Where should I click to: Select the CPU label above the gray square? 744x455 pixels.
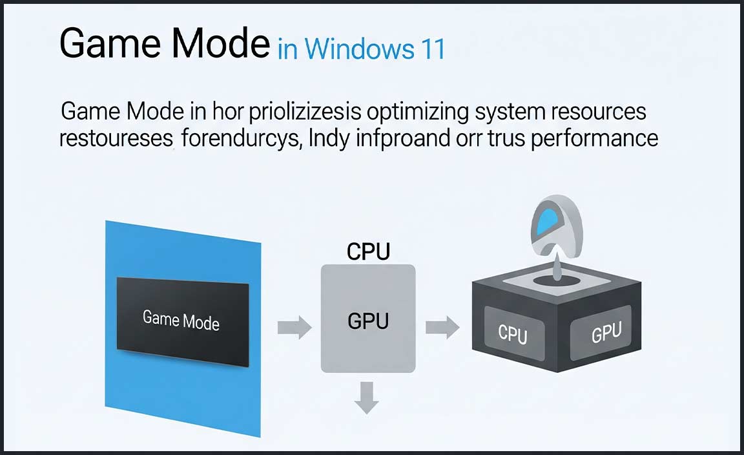tap(368, 252)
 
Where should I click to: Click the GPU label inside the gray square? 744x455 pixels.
tap(368, 321)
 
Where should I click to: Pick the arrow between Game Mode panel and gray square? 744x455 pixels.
tap(294, 328)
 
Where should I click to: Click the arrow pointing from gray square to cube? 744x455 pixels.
tap(442, 328)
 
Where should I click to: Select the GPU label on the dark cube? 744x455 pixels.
tap(606, 333)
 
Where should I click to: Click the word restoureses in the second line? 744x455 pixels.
tap(116, 138)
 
